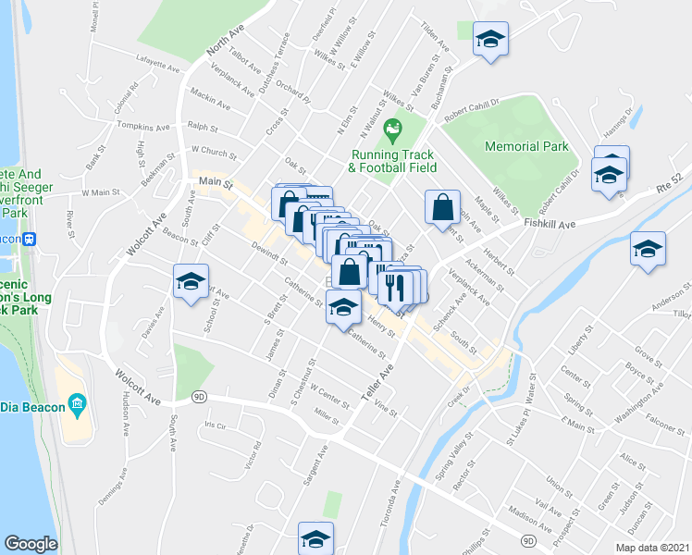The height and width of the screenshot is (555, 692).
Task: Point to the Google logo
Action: click(x=31, y=544)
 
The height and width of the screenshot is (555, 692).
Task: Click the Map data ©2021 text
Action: click(x=652, y=548)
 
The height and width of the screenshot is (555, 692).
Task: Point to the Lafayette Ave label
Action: click(x=159, y=67)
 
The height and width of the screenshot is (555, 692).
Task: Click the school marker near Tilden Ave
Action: click(x=490, y=40)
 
